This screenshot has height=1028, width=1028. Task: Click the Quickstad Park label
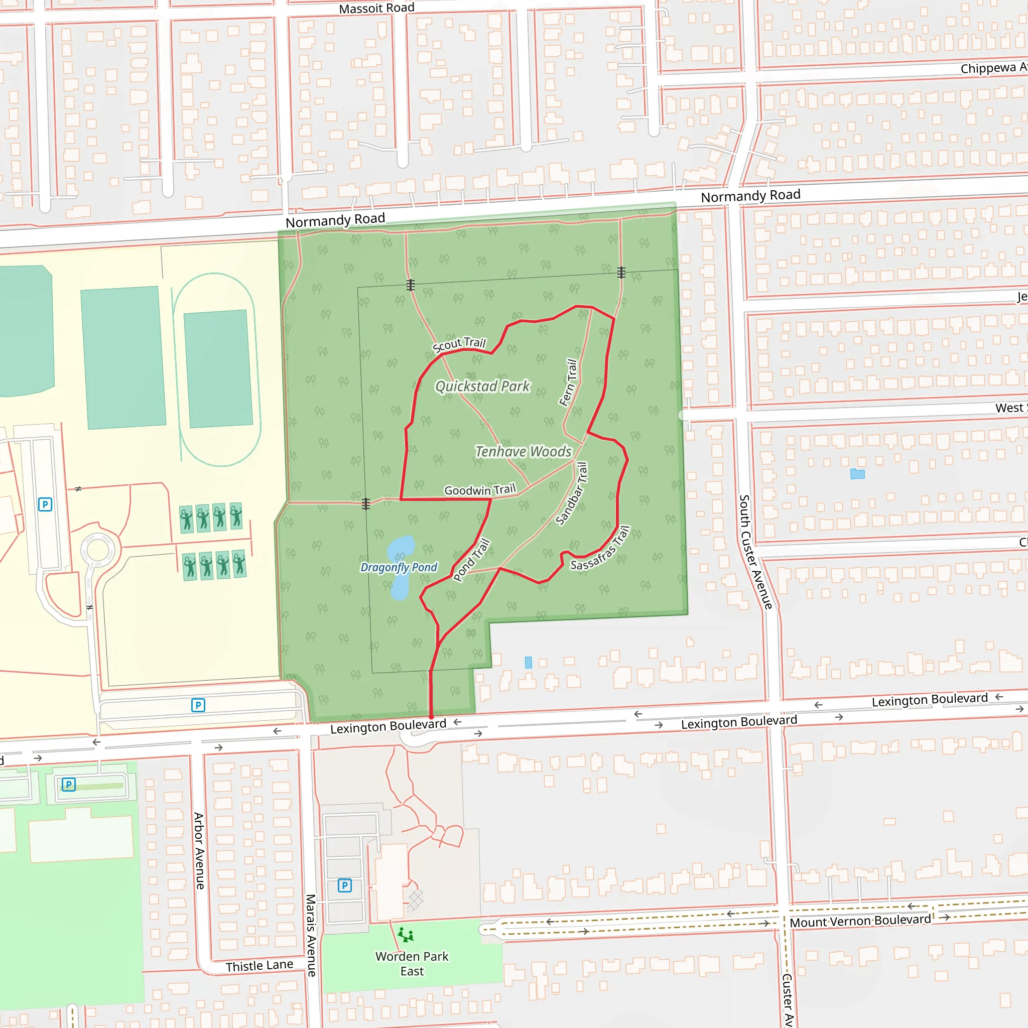(482, 387)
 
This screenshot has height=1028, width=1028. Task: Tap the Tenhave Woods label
(523, 452)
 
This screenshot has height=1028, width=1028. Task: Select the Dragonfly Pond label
(399, 567)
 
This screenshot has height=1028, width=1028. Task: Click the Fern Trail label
(568, 382)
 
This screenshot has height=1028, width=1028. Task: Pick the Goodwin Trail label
(480, 489)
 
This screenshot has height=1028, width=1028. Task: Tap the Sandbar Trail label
(572, 493)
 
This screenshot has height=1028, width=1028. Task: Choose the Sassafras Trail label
(601, 549)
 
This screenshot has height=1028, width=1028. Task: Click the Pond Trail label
(471, 560)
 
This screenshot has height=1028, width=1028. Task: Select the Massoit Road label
(377, 9)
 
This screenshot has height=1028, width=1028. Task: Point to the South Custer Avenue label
(755, 552)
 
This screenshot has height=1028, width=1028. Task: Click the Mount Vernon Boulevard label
(860, 921)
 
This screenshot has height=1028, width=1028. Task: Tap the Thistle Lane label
(259, 966)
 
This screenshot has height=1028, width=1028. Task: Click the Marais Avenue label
(311, 935)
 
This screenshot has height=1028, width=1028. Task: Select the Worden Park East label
(412, 964)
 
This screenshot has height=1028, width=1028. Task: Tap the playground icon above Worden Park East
(406, 935)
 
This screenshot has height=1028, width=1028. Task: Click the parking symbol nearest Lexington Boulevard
(198, 706)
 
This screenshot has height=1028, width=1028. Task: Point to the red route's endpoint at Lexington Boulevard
(431, 717)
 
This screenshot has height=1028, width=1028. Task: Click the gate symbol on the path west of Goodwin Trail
(365, 503)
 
